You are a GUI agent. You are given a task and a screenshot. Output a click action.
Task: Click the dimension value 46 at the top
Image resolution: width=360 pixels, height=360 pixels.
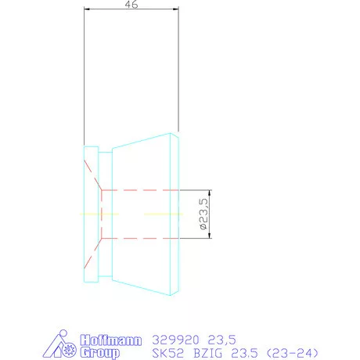(131, 5)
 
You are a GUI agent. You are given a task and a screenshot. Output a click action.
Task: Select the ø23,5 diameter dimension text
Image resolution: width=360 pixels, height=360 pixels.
(203, 214)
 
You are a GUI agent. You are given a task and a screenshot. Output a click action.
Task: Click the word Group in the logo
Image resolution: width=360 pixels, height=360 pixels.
(100, 353)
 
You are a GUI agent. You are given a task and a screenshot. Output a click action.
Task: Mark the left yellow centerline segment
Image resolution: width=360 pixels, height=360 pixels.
(100, 214)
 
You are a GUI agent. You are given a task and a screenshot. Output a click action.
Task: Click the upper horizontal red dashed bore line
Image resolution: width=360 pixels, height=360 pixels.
(141, 189)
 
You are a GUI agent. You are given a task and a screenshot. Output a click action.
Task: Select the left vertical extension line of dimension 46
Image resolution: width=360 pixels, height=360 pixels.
(84, 78)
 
